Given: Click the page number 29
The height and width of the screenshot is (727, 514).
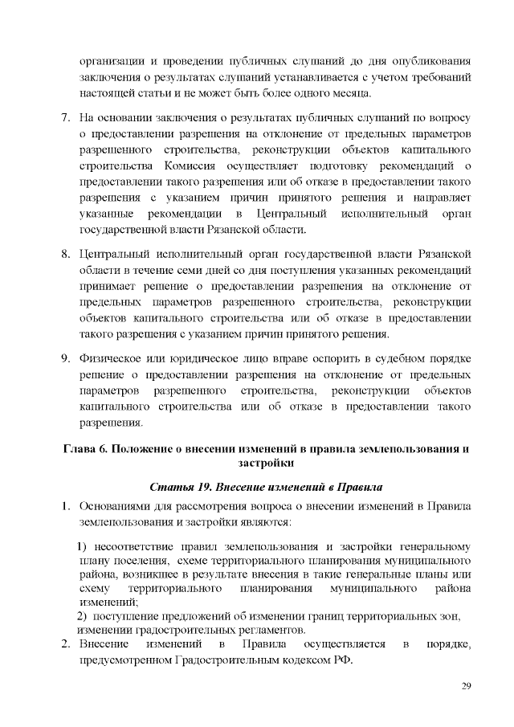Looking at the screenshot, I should pyautogui.click(x=466, y=685).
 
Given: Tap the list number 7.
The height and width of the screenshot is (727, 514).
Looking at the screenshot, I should pyautogui.click(x=67, y=120).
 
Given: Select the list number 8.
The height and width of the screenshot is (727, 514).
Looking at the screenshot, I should pyautogui.click(x=67, y=255).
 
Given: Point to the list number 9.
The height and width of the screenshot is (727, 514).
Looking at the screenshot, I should pyautogui.click(x=67, y=357).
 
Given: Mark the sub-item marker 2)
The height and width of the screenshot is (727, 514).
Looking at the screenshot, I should pyautogui.click(x=82, y=615).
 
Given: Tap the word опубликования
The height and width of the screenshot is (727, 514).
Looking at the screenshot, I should pyautogui.click(x=423, y=60).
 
